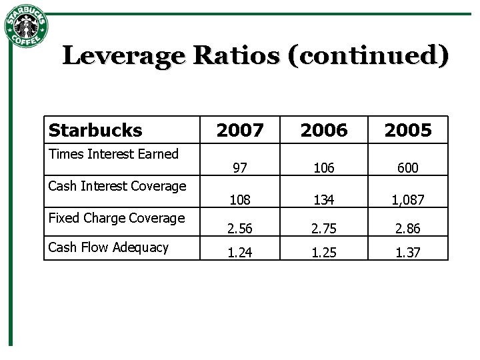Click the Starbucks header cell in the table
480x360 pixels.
(x=95, y=130)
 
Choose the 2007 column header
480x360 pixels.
(x=240, y=130)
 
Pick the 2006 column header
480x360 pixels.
(x=324, y=130)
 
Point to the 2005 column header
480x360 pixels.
(x=408, y=130)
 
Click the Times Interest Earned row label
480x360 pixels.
(x=114, y=154)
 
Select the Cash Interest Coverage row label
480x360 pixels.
(x=117, y=186)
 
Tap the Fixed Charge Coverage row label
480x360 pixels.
(x=117, y=218)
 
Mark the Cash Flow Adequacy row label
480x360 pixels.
(x=109, y=247)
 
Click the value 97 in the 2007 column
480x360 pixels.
(x=240, y=168)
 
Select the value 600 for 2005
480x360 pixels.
(x=408, y=168)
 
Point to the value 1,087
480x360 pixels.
(x=408, y=199)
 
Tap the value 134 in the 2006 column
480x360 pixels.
(x=324, y=199)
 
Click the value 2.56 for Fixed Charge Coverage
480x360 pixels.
(x=240, y=229)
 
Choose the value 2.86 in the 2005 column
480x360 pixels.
(x=408, y=229)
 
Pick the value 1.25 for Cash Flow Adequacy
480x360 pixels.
(x=324, y=253)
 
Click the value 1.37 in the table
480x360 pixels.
(x=408, y=253)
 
